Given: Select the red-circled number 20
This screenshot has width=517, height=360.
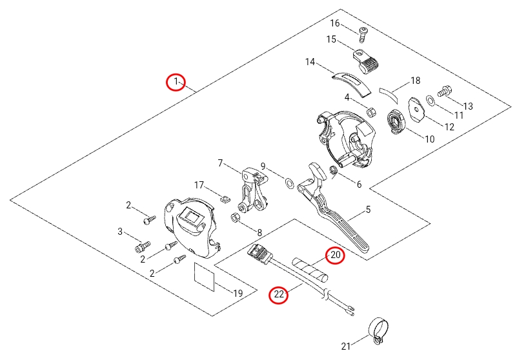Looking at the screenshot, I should tap(335, 256).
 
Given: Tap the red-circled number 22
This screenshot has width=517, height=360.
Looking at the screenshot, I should tap(278, 295).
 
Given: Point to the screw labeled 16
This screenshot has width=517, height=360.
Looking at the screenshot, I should tap(363, 32).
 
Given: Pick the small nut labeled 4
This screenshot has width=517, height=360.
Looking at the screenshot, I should tap(372, 112).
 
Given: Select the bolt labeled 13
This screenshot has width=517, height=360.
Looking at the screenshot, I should tap(444, 93).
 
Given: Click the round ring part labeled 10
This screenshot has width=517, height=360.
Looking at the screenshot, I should tap(396, 122).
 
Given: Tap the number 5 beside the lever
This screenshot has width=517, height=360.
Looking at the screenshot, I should tap(369, 209).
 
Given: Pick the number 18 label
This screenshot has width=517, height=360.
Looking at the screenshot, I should tap(415, 81).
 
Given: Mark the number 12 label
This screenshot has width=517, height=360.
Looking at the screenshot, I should tap(449, 126).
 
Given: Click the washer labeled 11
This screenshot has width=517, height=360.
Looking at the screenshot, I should tap(429, 100).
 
